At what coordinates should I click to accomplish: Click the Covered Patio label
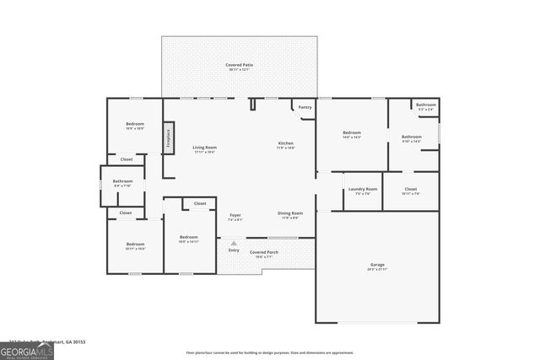240,67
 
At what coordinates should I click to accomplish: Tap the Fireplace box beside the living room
168,137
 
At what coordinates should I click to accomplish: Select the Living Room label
205,148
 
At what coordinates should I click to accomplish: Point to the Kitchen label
286,145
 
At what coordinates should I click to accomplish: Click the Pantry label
305,107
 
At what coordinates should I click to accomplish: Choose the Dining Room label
289,214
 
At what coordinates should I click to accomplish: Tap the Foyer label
235,216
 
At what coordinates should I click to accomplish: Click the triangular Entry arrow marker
235,243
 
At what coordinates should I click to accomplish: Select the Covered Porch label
263,253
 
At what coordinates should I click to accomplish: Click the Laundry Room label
362,191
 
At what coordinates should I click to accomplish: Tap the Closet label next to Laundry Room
411,191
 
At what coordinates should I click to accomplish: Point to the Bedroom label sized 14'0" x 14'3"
352,134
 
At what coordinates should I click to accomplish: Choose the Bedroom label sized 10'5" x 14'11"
188,239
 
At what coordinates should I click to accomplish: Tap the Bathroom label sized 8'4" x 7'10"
123,182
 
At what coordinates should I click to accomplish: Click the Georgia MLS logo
27,349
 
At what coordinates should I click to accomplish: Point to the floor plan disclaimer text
270,353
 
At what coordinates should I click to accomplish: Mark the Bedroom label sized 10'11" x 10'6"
136,245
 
